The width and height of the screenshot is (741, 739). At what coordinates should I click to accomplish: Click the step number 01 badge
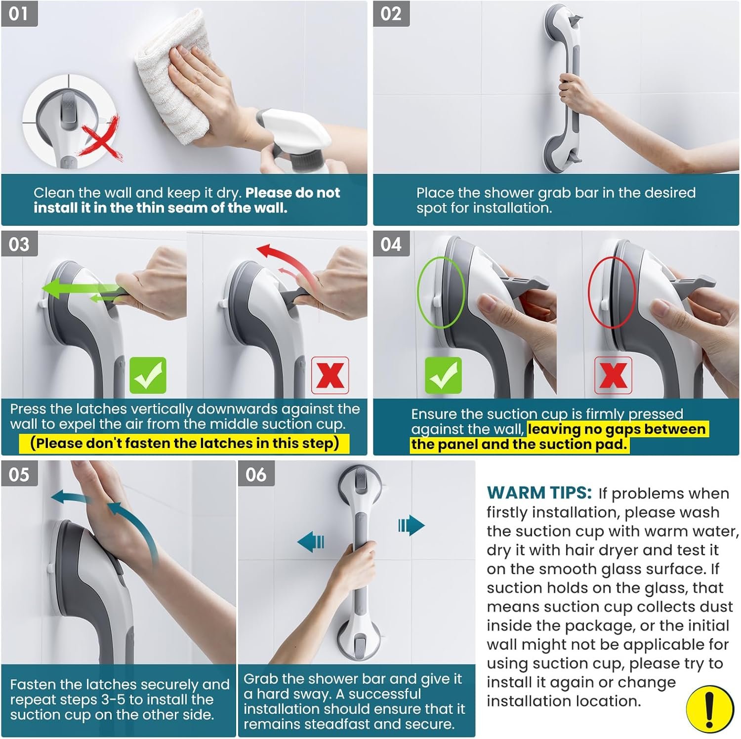[19, 13]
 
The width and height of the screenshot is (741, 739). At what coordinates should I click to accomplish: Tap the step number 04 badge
[391, 244]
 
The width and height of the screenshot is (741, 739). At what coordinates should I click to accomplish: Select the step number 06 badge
[256, 474]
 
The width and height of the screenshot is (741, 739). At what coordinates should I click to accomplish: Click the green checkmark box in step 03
[148, 376]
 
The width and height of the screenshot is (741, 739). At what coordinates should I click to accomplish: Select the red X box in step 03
[330, 375]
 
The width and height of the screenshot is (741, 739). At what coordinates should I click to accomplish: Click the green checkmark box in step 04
[443, 376]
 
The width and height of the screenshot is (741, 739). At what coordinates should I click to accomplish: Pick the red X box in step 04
[613, 376]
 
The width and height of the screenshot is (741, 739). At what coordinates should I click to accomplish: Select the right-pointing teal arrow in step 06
[411, 525]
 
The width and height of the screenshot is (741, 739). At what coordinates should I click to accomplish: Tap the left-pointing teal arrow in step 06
[311, 541]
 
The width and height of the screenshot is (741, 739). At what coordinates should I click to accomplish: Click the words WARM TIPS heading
[539, 493]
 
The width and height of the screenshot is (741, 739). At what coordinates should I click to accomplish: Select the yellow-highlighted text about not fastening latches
[184, 443]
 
